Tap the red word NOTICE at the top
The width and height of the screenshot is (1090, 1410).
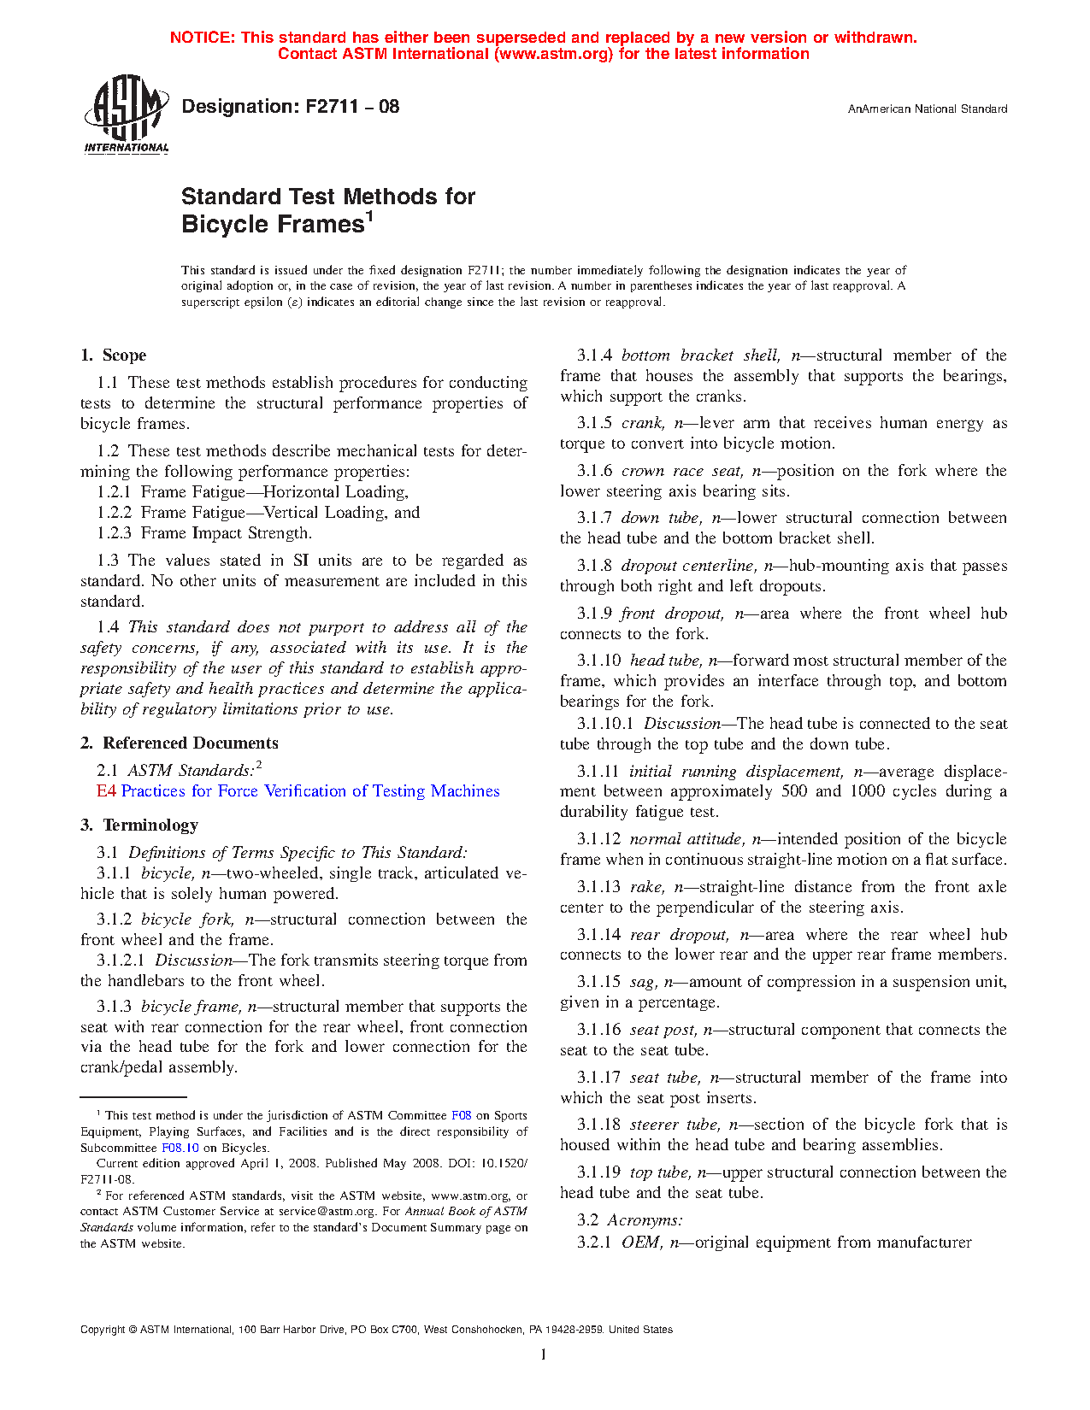tap(201, 38)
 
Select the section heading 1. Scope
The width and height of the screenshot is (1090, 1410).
tap(113, 355)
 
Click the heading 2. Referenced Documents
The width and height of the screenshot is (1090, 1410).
tap(180, 743)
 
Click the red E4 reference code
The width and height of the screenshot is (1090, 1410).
tap(106, 791)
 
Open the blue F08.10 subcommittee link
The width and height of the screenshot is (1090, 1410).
tap(180, 1148)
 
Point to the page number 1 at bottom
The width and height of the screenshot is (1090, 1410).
tap(544, 1354)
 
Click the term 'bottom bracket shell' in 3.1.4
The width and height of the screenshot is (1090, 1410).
tap(699, 355)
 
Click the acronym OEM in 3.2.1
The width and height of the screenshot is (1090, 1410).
tap(640, 1243)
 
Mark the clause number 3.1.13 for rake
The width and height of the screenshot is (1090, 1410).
tap(598, 887)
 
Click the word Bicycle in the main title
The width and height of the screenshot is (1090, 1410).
tap(225, 225)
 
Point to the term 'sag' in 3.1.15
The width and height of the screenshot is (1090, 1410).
tap(642, 983)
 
